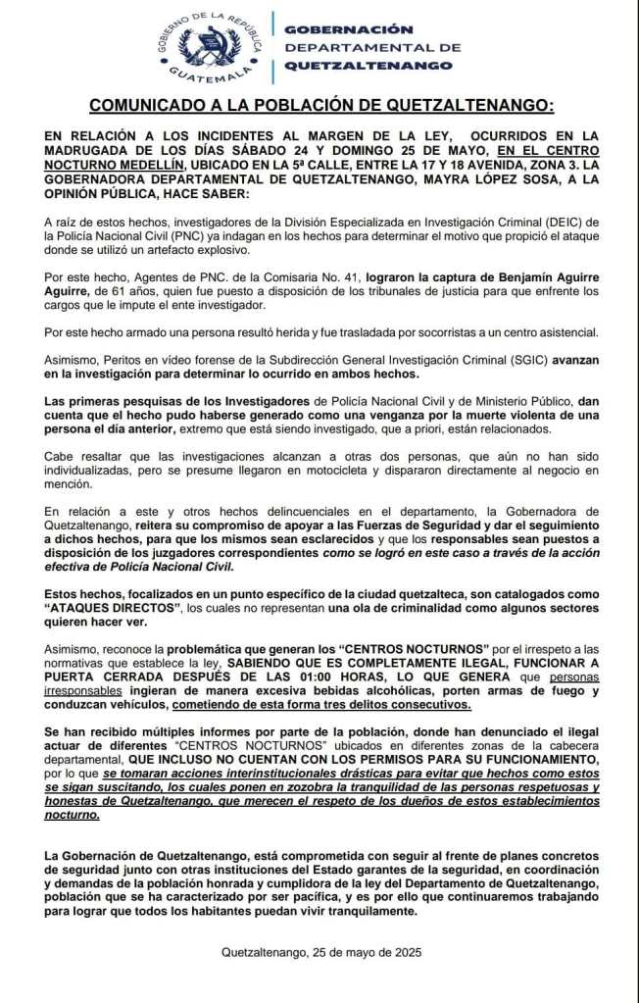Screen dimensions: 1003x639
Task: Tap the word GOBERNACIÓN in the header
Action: tap(334, 29)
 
